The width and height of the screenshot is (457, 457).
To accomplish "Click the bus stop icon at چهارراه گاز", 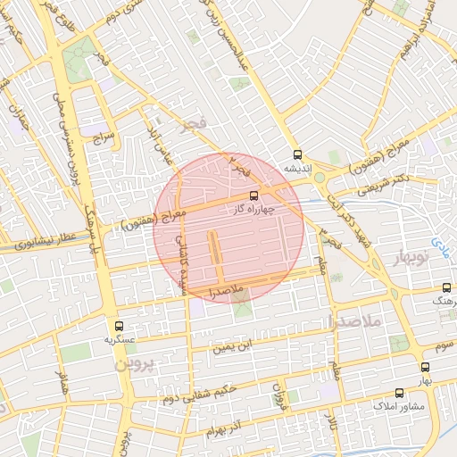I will tap(254, 195).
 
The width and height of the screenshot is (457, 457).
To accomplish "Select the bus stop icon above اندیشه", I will tap(296, 154).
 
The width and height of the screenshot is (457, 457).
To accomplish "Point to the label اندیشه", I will tap(296, 167).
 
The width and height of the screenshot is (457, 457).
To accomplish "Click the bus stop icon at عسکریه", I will tap(119, 326).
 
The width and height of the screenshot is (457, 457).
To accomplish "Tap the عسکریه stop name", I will tap(119, 340).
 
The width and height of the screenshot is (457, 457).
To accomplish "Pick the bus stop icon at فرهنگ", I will tap(446, 288).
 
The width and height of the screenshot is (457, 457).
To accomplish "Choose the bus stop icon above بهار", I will tap(425, 366).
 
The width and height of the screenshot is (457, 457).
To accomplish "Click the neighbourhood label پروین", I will tap(135, 364).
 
